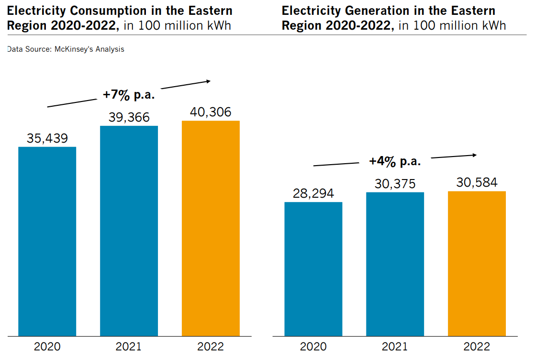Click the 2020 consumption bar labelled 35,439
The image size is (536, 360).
pos(47,241)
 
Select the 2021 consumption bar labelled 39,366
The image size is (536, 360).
pos(129,231)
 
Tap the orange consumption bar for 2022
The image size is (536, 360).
pos(211,228)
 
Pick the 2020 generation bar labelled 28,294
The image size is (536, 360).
pos(313,269)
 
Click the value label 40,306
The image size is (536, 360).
pos(211,112)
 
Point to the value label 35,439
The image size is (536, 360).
pos(47,139)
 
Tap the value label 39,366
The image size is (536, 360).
pos(129,118)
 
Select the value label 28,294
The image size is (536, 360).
pos(313,194)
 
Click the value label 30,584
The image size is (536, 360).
pos(477,183)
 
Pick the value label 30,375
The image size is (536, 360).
pos(395,184)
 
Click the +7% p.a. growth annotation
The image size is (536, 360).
pos(129,95)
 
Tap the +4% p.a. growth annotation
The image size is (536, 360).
pos(395,161)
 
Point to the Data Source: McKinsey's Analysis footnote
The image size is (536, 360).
pos(66,49)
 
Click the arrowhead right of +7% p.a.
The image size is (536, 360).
pos(208,81)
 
